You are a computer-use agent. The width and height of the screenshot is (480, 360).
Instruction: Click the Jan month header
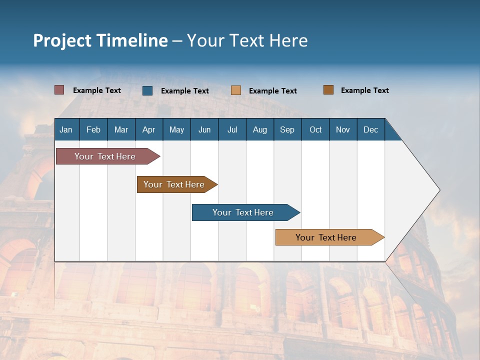[66, 129]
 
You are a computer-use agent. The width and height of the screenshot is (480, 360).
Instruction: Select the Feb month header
[93, 129]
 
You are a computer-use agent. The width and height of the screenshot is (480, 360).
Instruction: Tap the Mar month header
[121, 129]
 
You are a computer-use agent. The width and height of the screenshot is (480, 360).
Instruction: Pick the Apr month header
[148, 129]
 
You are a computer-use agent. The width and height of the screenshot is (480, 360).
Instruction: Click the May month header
[176, 129]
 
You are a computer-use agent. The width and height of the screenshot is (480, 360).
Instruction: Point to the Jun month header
[204, 129]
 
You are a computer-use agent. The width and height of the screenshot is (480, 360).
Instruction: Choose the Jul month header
[232, 129]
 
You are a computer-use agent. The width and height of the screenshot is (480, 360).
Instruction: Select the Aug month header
[260, 129]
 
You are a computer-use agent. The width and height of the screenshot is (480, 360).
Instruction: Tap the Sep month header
[287, 129]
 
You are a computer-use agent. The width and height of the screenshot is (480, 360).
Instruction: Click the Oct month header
[315, 129]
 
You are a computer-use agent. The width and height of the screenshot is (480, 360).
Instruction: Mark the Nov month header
[343, 129]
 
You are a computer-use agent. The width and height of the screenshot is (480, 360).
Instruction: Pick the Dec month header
[371, 129]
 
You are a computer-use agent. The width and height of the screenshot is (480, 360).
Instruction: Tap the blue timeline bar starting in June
[243, 212]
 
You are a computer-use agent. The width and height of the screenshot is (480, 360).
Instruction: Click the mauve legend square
[59, 90]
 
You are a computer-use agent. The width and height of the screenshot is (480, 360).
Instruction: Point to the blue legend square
[147, 90]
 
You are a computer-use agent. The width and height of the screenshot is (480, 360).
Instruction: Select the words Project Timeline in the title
[100, 40]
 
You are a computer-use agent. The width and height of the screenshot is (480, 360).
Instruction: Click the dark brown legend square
[328, 90]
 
